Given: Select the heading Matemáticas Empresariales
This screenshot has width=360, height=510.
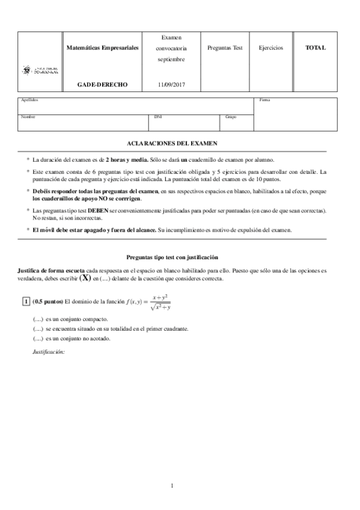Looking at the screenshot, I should tap(103, 48).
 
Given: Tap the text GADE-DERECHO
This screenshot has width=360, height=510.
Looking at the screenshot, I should tap(103, 85).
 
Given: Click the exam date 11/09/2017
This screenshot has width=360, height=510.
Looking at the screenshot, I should tap(172, 85).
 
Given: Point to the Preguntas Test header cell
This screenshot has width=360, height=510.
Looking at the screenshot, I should tap(224, 48).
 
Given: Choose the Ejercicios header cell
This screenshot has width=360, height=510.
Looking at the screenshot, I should tap(271, 48).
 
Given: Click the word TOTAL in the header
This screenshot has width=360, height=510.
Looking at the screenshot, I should tap(316, 48).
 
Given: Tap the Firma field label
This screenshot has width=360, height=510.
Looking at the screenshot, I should tap(264, 100).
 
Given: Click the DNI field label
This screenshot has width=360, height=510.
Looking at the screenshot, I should tap(157, 117).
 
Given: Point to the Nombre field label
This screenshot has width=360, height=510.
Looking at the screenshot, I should tap(28, 117).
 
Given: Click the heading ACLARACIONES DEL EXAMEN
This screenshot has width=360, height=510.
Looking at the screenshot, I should tap(173, 143).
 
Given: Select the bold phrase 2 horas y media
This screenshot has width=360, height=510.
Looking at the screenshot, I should tap(126, 159).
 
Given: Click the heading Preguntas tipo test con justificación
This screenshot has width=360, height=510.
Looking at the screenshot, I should tap(173, 257).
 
